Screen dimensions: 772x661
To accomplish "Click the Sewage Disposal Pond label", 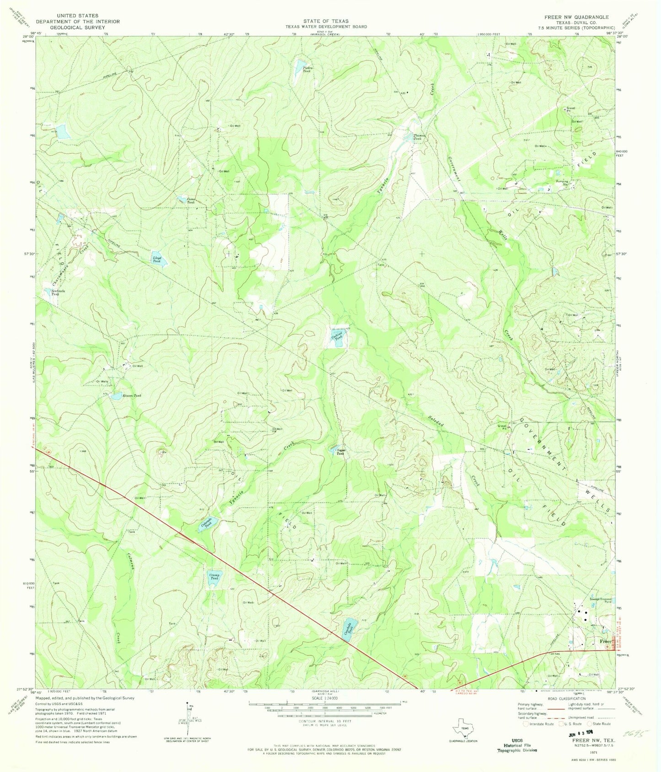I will pyautogui.click(x=600, y=600).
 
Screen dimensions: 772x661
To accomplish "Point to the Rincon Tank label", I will pyautogui.click(x=132, y=395).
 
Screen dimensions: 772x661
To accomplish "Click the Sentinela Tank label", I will pyautogui.click(x=52, y=292).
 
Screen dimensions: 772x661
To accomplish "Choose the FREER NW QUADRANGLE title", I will pyautogui.click(x=576, y=17).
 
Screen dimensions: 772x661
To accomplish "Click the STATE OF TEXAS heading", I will pyautogui.click(x=326, y=21).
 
